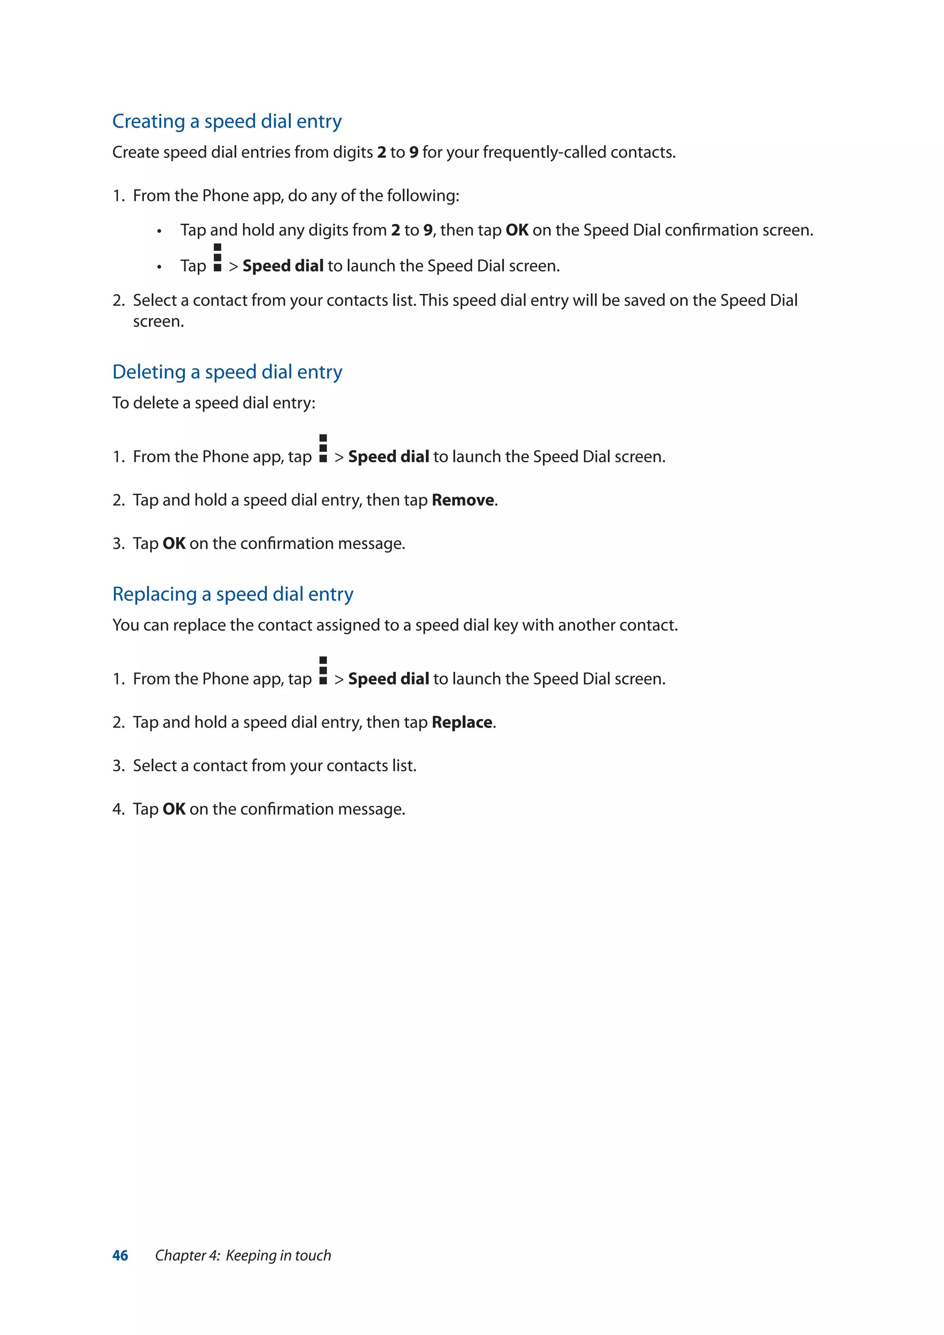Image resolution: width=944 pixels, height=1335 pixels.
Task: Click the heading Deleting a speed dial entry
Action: coord(227,372)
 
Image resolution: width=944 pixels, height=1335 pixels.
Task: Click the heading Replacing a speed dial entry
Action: coord(232,594)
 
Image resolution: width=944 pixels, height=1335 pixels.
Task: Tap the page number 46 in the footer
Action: coord(120,1255)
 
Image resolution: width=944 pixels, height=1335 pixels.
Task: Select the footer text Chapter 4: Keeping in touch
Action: coord(243,1255)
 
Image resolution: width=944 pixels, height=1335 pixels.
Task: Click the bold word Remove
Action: coord(463,500)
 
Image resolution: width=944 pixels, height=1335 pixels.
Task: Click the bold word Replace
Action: coord(462,722)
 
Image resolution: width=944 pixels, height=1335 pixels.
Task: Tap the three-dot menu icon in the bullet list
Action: coord(218,258)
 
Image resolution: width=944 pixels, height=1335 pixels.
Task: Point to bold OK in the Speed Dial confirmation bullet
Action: coord(517,230)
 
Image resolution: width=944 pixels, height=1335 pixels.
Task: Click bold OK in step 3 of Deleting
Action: coord(174,543)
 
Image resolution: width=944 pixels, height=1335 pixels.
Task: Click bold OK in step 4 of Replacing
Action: coord(174,809)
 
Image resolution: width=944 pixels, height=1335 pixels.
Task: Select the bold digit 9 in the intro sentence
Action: coord(413,152)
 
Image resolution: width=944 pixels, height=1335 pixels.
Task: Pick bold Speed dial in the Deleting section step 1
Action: coord(388,457)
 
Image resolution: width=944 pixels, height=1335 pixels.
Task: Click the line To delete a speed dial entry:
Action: coord(213,403)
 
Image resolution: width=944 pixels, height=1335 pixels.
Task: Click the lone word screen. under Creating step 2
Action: coord(158,322)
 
